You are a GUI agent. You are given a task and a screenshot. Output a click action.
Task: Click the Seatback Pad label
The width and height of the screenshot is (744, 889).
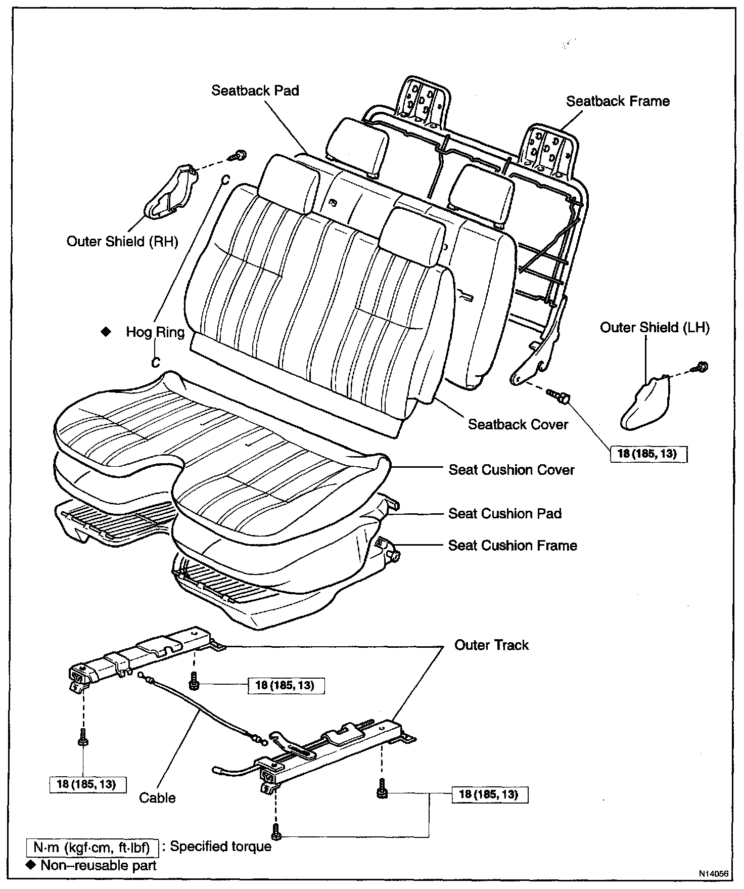[x=255, y=91]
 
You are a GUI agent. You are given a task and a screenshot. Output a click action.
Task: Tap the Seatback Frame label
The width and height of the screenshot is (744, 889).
[x=618, y=101]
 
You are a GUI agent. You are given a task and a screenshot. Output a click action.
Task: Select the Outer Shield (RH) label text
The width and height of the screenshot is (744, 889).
[x=122, y=241]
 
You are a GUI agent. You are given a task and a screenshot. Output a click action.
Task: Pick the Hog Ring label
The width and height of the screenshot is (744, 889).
[x=155, y=332]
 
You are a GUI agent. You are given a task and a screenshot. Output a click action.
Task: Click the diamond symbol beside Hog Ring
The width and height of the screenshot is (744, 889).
[x=106, y=332]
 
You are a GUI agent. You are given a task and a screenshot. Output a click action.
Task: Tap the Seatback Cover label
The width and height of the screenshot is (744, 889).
[x=518, y=424]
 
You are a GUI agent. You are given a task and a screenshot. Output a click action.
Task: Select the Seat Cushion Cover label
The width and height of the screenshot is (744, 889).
[x=511, y=470]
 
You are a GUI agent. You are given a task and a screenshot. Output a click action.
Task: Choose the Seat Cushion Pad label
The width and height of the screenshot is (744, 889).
[x=505, y=514]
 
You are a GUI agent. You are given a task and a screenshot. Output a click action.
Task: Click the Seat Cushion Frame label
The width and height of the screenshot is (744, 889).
[x=513, y=546]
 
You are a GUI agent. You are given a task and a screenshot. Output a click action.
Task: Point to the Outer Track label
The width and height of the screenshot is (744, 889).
[x=491, y=645]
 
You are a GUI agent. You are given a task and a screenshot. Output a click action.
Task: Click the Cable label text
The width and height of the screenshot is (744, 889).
[x=157, y=798]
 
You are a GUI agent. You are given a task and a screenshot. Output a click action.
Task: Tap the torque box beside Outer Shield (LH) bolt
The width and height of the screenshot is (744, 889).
[x=647, y=454]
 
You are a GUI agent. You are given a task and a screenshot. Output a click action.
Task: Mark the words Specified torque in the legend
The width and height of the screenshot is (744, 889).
[x=220, y=847]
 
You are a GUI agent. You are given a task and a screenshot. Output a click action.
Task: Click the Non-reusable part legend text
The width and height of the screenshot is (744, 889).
[x=99, y=865]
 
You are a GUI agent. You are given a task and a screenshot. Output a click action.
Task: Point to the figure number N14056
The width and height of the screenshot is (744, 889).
[x=714, y=873]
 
